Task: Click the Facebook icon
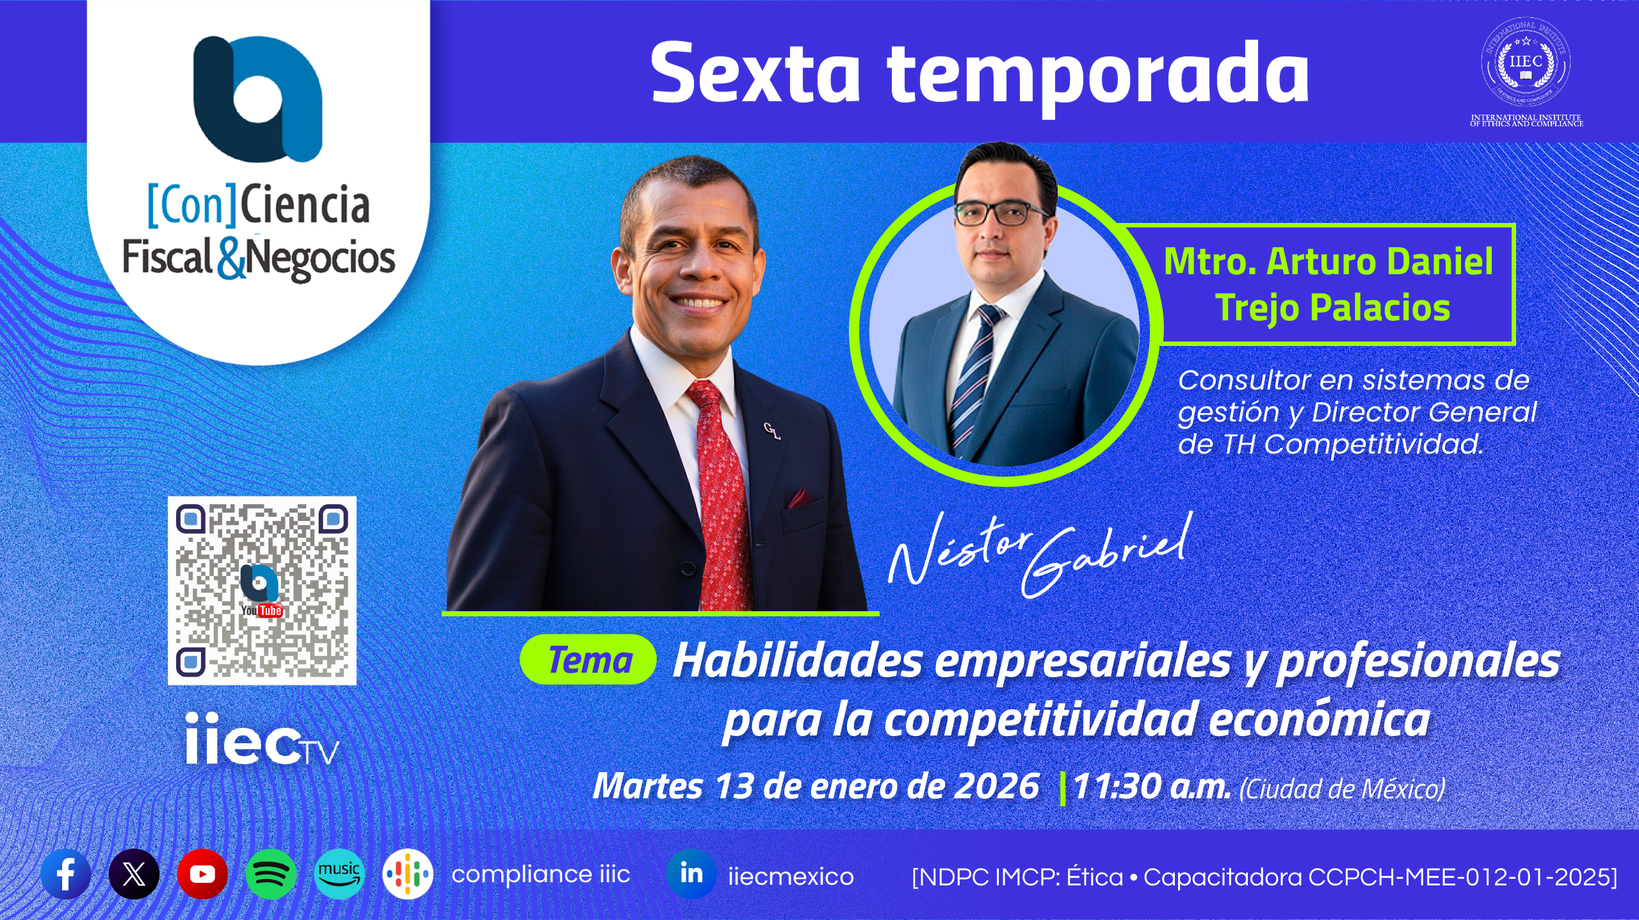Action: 65,874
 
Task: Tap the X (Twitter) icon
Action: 134,874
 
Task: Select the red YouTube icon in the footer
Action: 202,874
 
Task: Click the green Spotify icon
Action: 271,874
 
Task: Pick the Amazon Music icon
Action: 339,874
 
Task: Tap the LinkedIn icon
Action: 691,874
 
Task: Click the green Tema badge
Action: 588,660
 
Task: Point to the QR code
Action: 262,591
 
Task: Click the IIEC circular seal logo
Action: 1526,62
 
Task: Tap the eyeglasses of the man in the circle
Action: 1000,213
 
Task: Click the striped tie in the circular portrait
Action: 973,378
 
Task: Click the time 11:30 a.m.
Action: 1152,787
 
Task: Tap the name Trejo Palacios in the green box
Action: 1333,308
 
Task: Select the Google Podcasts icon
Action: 408,874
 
